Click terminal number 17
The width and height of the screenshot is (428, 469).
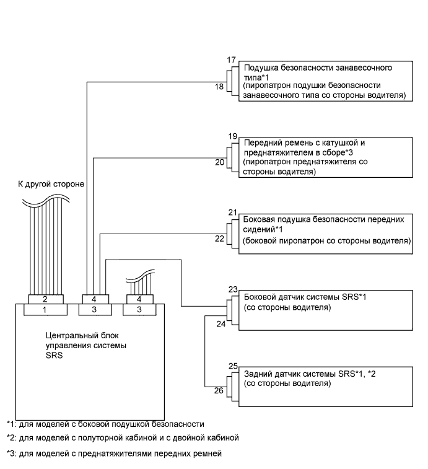(232, 60)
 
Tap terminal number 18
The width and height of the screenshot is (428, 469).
(219, 87)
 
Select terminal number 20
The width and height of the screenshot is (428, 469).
(219, 163)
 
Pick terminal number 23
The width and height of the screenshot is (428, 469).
(233, 289)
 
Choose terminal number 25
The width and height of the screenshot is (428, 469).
(233, 366)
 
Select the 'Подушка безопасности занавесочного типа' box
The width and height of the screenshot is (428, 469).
(326, 81)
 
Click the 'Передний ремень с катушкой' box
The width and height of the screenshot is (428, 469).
(326, 158)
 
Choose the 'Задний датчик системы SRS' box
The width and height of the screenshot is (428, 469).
(326, 384)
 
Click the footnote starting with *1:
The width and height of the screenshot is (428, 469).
(105, 424)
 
